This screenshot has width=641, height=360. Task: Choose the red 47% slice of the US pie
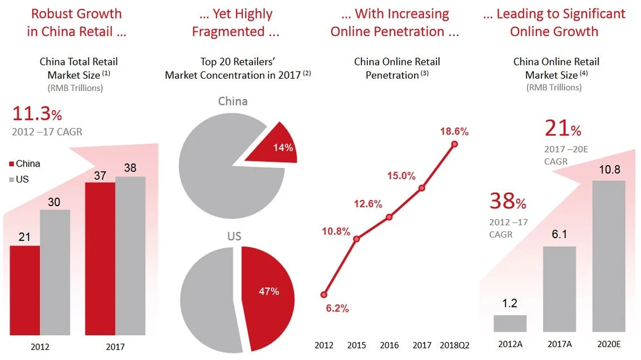[268, 296]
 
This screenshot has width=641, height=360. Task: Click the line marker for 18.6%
[455, 144]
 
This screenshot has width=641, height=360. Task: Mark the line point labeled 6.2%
[324, 295]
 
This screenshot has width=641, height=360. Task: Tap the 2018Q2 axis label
[455, 345]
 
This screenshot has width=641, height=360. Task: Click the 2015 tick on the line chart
[356, 345]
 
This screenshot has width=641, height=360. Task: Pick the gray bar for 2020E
[608, 256]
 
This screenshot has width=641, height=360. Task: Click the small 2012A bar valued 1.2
[510, 323]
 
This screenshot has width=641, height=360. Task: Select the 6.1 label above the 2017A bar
[559, 235]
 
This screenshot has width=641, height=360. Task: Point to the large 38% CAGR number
[508, 202]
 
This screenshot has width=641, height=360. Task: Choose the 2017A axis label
[559, 345]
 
